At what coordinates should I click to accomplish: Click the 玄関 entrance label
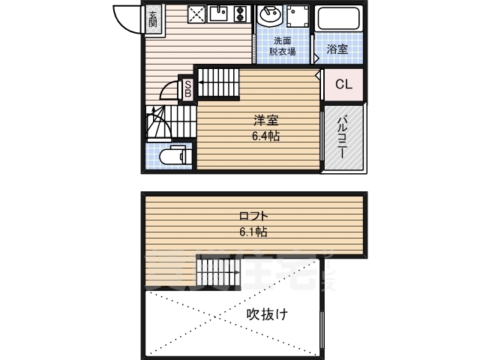pos(152,18)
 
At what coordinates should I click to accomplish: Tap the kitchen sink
pos(220,14)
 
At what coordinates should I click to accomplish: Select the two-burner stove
pos(241,15)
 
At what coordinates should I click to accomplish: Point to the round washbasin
pos(268,16)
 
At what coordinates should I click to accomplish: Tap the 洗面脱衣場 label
pos(282,46)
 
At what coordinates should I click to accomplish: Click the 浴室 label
pos(337,49)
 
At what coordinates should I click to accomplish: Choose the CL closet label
pos(343,85)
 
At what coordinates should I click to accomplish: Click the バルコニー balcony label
pos(343,136)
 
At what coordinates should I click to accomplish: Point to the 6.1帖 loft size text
pos(250,231)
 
